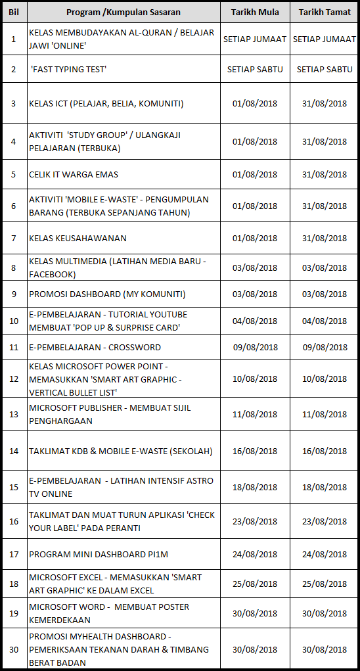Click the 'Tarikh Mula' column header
click(255, 12)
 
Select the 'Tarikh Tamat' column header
click(324, 12)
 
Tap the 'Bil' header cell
click(14, 12)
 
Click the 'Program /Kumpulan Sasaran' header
click(123, 12)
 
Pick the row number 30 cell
click(14, 649)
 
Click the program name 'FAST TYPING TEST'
click(68, 69)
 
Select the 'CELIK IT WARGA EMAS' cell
click(74, 174)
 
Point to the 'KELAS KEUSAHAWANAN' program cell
click(78, 238)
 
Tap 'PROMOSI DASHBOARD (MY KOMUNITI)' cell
click(107, 294)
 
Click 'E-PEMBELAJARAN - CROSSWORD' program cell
click(95, 347)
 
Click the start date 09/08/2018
click(255, 347)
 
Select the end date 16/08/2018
click(324, 451)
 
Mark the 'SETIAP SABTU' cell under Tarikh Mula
click(255, 69)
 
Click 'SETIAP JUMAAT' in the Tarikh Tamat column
click(324, 39)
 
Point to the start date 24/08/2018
click(255, 554)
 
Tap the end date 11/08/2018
click(324, 414)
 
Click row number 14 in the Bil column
click(14, 451)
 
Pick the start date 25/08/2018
click(255, 584)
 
